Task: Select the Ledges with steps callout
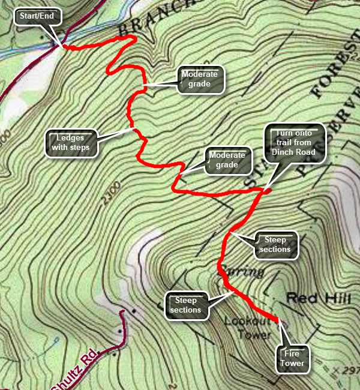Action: point(71,142)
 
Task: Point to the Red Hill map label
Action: point(310,297)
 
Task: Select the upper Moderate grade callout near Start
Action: point(201,79)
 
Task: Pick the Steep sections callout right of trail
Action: point(276,245)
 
